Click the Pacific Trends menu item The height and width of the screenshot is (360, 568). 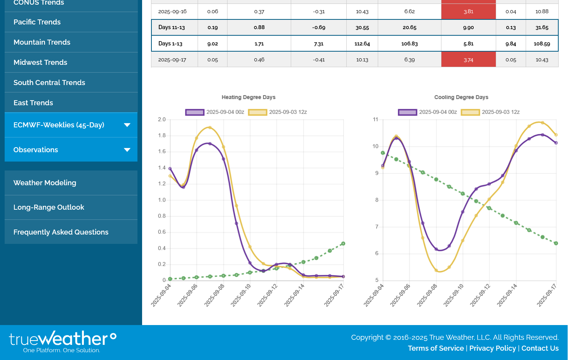tap(37, 22)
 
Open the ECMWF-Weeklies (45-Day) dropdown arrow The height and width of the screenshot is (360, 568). tap(127, 125)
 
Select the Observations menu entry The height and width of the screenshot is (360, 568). tap(36, 150)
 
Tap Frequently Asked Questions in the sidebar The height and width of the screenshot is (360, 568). tap(61, 232)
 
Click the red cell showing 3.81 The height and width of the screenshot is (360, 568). tap(468, 11)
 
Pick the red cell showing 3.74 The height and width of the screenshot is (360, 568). tap(468, 60)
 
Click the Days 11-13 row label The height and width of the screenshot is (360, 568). tap(172, 28)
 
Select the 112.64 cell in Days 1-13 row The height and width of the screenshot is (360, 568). tap(362, 43)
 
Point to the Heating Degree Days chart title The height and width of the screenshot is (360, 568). tap(248, 97)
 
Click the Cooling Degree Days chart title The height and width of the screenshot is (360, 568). tap(461, 97)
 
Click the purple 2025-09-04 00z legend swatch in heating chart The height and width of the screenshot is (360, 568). tap(195, 112)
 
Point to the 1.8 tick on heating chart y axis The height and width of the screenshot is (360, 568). tap(162, 136)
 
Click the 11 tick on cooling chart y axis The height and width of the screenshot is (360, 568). tap(375, 120)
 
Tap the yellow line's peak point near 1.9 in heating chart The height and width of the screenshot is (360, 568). tap(210, 128)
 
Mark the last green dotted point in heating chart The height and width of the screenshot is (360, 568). tap(343, 243)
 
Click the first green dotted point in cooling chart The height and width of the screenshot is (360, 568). tap(383, 153)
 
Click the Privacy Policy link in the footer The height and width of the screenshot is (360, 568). tap(492, 348)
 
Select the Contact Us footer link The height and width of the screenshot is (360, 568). tap(540, 348)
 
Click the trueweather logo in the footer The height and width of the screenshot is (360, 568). tap(63, 341)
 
